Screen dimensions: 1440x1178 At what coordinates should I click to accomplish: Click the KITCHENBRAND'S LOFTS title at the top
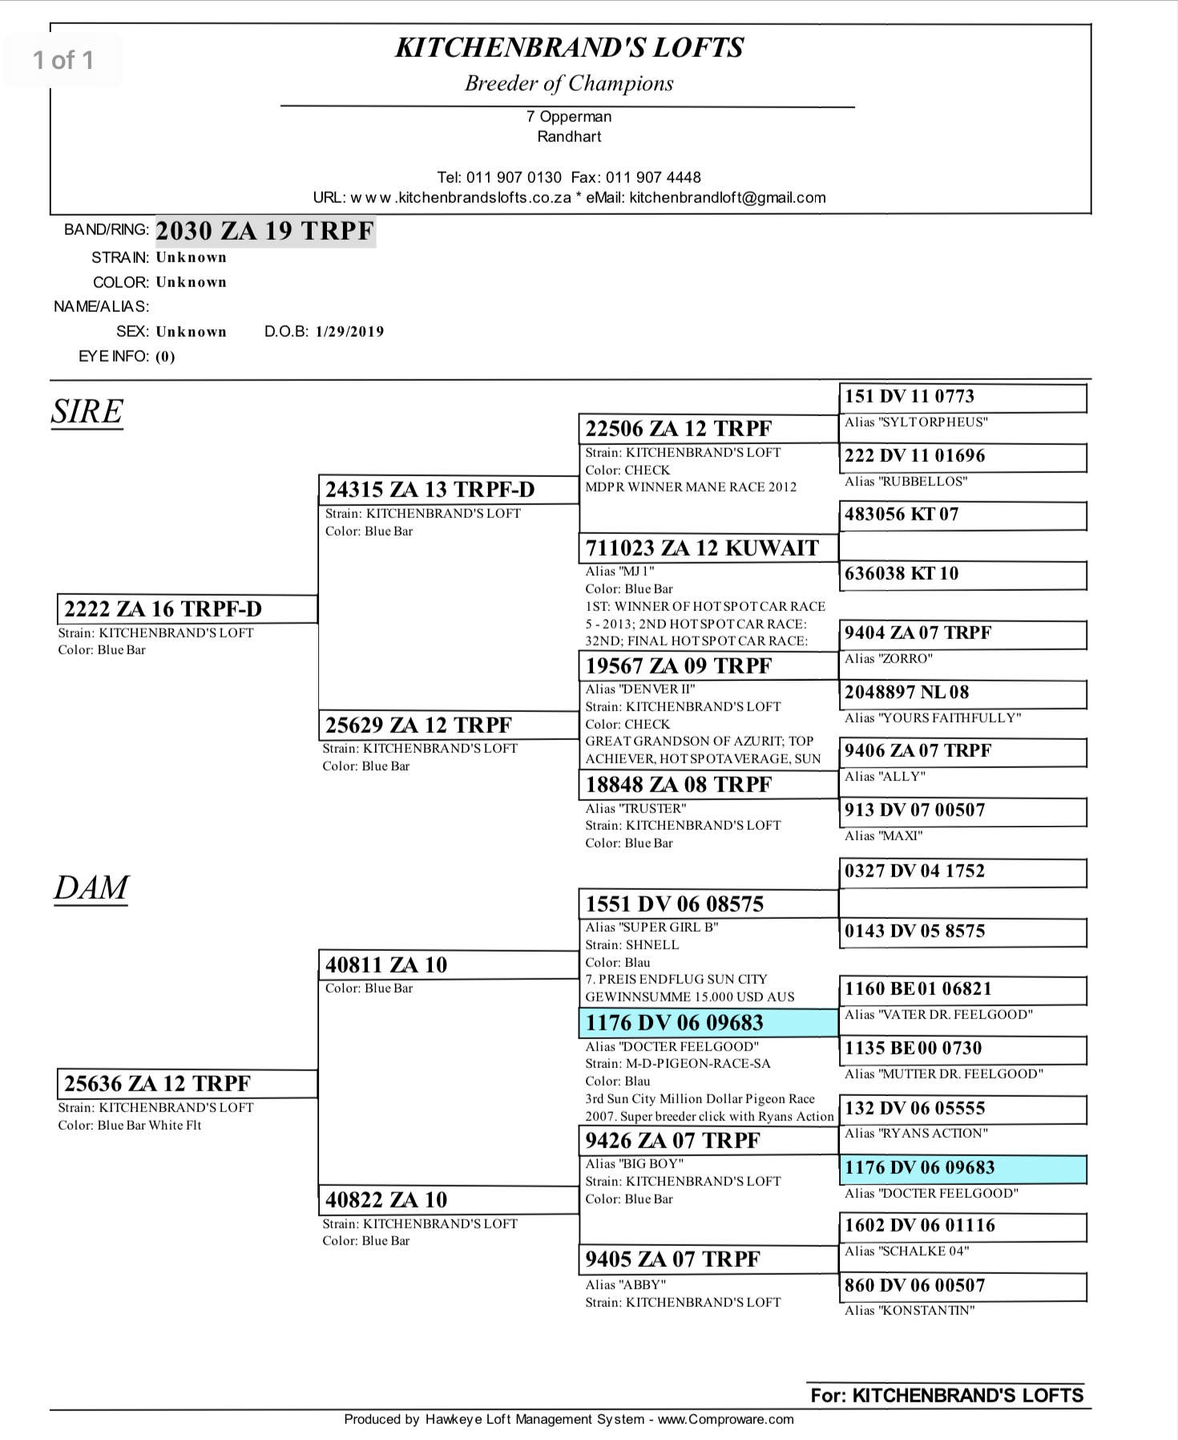[570, 48]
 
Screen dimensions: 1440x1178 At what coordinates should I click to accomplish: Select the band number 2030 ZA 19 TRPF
[265, 231]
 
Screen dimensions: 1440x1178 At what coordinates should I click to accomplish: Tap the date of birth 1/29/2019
[349, 332]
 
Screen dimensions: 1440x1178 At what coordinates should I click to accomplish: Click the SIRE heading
[87, 411]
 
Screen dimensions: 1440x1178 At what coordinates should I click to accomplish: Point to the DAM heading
[91, 888]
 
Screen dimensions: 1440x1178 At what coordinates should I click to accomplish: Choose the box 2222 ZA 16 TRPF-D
[187, 609]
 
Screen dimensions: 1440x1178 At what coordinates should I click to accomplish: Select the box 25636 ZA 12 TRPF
[187, 1084]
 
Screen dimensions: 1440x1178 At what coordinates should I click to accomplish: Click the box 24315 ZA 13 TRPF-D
[448, 489]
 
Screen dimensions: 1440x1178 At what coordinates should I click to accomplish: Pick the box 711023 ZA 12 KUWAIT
[708, 548]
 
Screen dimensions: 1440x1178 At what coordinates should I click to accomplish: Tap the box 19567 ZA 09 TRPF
[708, 666]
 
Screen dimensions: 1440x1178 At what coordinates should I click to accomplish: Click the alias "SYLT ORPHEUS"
[916, 423]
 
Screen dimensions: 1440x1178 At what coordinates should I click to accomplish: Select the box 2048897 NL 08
[962, 693]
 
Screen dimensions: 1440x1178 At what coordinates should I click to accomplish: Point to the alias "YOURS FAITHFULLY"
[933, 718]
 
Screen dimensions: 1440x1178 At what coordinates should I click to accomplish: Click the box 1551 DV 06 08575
[708, 904]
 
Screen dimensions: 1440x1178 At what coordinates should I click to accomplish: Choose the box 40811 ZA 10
[448, 965]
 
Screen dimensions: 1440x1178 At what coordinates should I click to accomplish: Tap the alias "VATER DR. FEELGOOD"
[938, 1015]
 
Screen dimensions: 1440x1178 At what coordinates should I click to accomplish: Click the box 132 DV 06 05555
[962, 1109]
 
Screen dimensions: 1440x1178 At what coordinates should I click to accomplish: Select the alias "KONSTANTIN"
[910, 1311]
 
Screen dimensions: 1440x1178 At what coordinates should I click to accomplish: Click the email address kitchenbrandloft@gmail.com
[727, 198]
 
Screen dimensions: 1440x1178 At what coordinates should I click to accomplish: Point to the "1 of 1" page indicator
[63, 60]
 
